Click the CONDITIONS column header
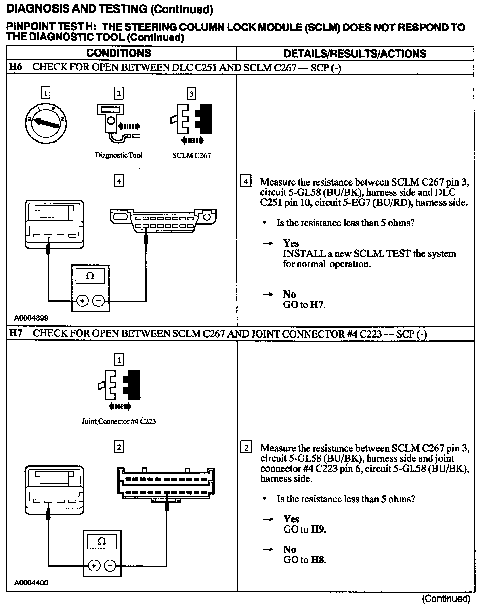coord(119,53)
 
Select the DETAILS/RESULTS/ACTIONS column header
coord(355,53)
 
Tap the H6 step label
coord(15,67)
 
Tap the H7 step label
coord(15,333)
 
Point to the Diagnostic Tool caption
coord(119,155)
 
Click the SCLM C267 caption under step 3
coord(191,156)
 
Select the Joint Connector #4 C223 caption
coord(119,421)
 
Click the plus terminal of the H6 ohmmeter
coord(82,300)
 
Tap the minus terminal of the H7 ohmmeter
coord(110,566)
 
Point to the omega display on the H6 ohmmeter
coord(90,276)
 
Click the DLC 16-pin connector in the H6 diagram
coord(163,221)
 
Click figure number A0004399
coord(31,318)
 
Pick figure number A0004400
coord(31,583)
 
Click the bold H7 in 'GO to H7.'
coord(317,305)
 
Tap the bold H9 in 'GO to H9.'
coord(318,529)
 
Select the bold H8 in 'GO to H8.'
coord(318,560)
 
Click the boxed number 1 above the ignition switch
coord(46,93)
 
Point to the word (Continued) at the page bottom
coord(446,599)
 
